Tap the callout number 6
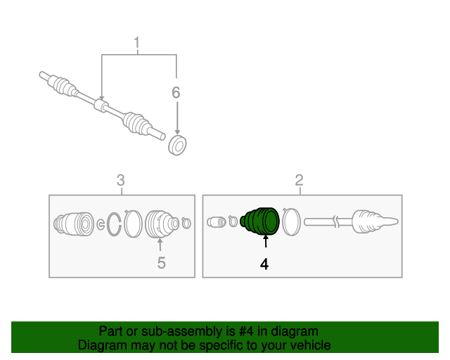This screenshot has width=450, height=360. tap(176, 92)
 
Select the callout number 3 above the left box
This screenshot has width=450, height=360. tap(121, 180)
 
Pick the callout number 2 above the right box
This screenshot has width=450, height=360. tap(299, 180)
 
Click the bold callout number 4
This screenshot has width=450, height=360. tap(264, 264)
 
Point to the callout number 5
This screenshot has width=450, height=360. tap(162, 263)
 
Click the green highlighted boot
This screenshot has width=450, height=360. tap(259, 221)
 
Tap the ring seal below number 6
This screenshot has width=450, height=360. tap(177, 146)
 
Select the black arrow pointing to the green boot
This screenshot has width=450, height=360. tap(266, 241)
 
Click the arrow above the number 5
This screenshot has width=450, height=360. tap(160, 245)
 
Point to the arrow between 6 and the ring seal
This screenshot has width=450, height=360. tap(177, 118)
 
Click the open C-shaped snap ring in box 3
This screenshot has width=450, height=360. tap(114, 224)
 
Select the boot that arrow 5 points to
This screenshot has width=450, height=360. tap(162, 224)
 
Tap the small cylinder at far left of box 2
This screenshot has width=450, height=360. tap(217, 222)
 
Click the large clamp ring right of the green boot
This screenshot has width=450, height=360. tap(291, 221)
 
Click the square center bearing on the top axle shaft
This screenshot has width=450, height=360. tap(101, 105)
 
